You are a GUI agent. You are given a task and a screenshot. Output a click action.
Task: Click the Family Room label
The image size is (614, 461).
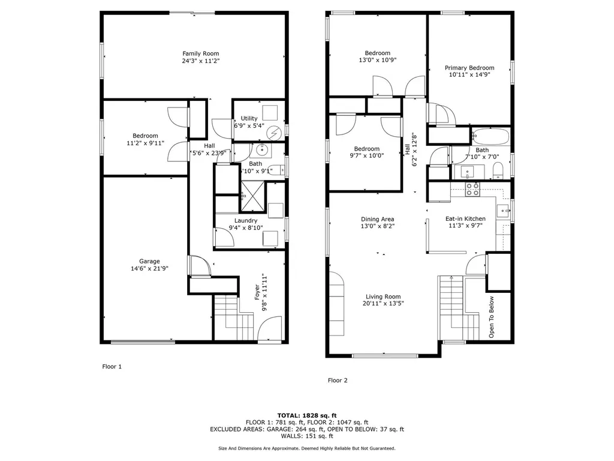(x=200, y=53)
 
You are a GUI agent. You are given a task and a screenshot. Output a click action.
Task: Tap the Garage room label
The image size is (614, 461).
(x=149, y=261)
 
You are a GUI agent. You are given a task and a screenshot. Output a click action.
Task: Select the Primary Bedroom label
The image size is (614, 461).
(x=469, y=68)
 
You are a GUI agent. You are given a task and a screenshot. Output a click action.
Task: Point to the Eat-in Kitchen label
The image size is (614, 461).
(x=465, y=218)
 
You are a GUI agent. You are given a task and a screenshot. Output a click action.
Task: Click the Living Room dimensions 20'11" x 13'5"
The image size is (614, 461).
(x=383, y=303)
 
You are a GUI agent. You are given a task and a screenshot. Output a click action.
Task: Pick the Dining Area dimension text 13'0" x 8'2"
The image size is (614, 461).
(x=378, y=226)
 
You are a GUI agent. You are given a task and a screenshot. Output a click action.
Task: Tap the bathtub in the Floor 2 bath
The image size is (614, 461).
(x=490, y=136)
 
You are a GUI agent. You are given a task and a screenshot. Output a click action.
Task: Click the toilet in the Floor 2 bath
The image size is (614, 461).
(x=498, y=171)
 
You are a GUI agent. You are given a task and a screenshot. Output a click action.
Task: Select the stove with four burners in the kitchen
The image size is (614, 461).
(x=472, y=189)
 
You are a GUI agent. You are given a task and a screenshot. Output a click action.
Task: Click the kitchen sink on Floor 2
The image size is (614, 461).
(x=502, y=211)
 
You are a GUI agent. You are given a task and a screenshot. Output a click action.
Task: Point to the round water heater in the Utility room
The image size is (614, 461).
(x=273, y=133)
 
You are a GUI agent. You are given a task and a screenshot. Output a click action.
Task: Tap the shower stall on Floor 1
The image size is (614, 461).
(x=252, y=195)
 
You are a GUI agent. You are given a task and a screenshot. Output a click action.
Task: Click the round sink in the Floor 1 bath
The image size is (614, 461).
(x=261, y=149)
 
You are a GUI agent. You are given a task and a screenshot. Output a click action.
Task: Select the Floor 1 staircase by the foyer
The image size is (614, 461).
(x=234, y=318)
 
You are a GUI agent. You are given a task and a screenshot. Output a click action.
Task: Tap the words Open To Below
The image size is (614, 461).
(x=492, y=317)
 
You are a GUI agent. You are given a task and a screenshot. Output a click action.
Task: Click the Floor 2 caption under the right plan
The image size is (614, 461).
(x=338, y=380)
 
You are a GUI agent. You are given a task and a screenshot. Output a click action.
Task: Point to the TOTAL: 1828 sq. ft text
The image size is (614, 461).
(x=307, y=415)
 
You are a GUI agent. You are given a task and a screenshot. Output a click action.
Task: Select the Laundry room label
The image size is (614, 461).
(x=245, y=221)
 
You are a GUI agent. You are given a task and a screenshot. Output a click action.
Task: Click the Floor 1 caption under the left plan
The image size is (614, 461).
(x=112, y=367)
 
